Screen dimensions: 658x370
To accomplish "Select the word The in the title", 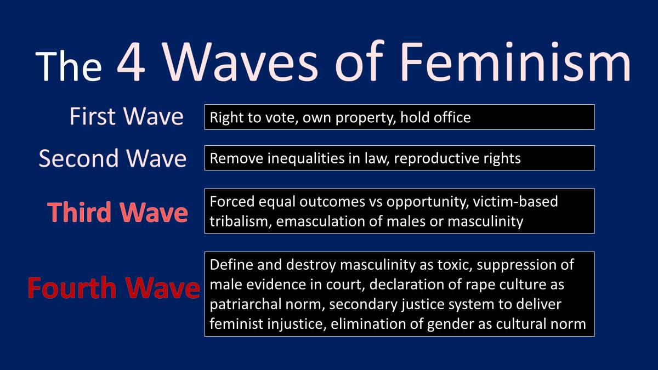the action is pos(69,66).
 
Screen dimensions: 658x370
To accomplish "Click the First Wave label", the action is pos(126,116).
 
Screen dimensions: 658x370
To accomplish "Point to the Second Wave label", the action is pos(112,158).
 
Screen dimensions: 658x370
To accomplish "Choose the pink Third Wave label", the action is pos(117,212).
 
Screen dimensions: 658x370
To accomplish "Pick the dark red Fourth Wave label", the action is pos(114,288).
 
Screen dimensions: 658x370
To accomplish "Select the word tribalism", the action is pos(241,221).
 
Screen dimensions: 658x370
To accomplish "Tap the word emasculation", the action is pos(320,221).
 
